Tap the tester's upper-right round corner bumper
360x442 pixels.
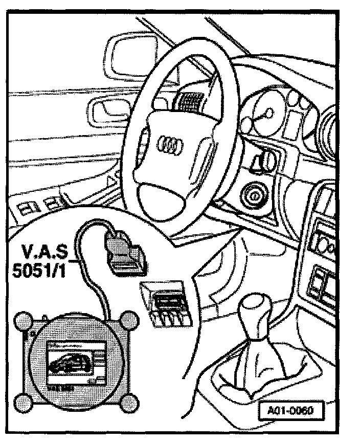[129, 321]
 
